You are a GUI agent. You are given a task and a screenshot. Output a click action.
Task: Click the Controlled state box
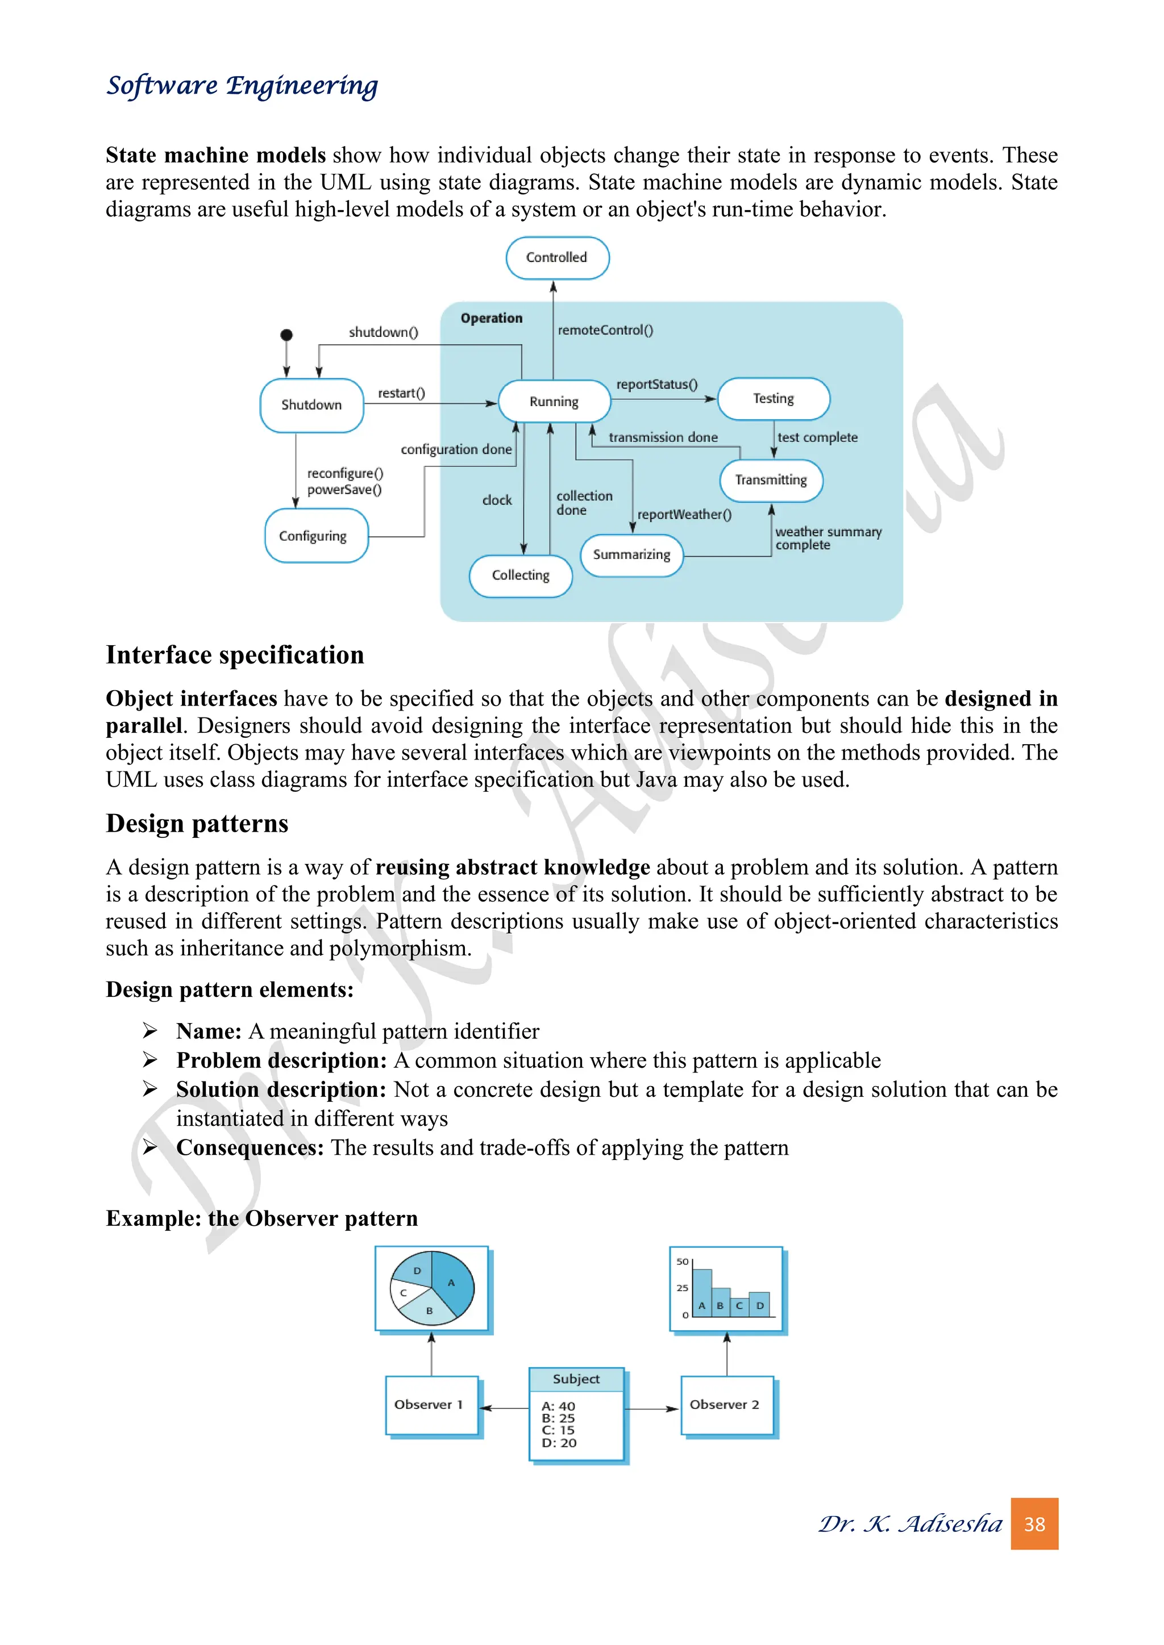557,258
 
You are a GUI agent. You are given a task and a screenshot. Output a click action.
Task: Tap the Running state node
554,402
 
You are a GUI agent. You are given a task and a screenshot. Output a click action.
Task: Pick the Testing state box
774,399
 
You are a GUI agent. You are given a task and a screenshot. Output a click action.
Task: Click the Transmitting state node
771,480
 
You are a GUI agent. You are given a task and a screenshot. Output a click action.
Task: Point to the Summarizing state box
631,556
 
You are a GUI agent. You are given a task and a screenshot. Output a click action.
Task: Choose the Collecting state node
521,575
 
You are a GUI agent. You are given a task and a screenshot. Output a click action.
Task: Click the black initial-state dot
286,335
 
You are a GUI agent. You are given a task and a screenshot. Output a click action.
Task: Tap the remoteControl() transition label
606,330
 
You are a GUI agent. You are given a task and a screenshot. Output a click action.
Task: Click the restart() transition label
401,393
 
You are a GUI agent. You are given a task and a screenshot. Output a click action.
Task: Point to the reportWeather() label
684,515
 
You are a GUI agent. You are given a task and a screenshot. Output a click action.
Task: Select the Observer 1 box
431,1405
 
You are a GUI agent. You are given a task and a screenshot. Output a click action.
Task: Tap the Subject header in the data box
576,1379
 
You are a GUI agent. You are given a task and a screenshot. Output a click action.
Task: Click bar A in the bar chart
702,1294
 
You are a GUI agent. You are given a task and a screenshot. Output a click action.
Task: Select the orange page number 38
1034,1524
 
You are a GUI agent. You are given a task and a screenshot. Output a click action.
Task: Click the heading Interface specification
235,655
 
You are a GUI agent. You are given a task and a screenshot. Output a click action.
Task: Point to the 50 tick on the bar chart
683,1262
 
